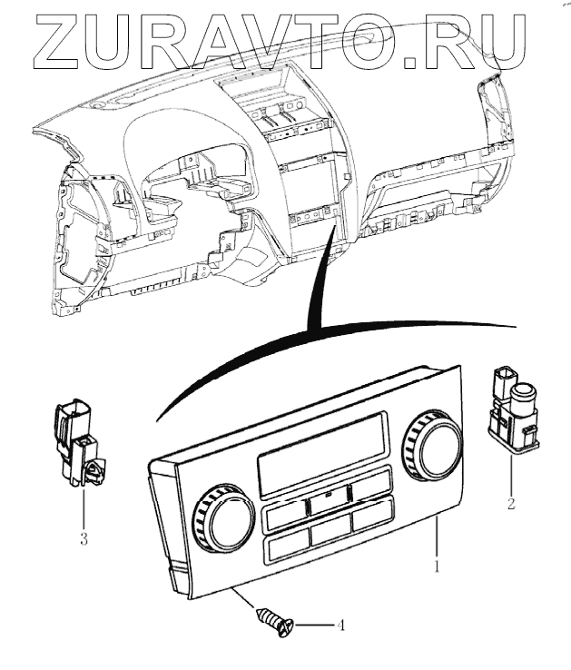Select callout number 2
pyautogui.click(x=511, y=501)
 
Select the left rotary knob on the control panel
pyautogui.click(x=222, y=517)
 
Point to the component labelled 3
pyautogui.click(x=77, y=441)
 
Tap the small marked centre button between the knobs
pyautogui.click(x=326, y=496)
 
